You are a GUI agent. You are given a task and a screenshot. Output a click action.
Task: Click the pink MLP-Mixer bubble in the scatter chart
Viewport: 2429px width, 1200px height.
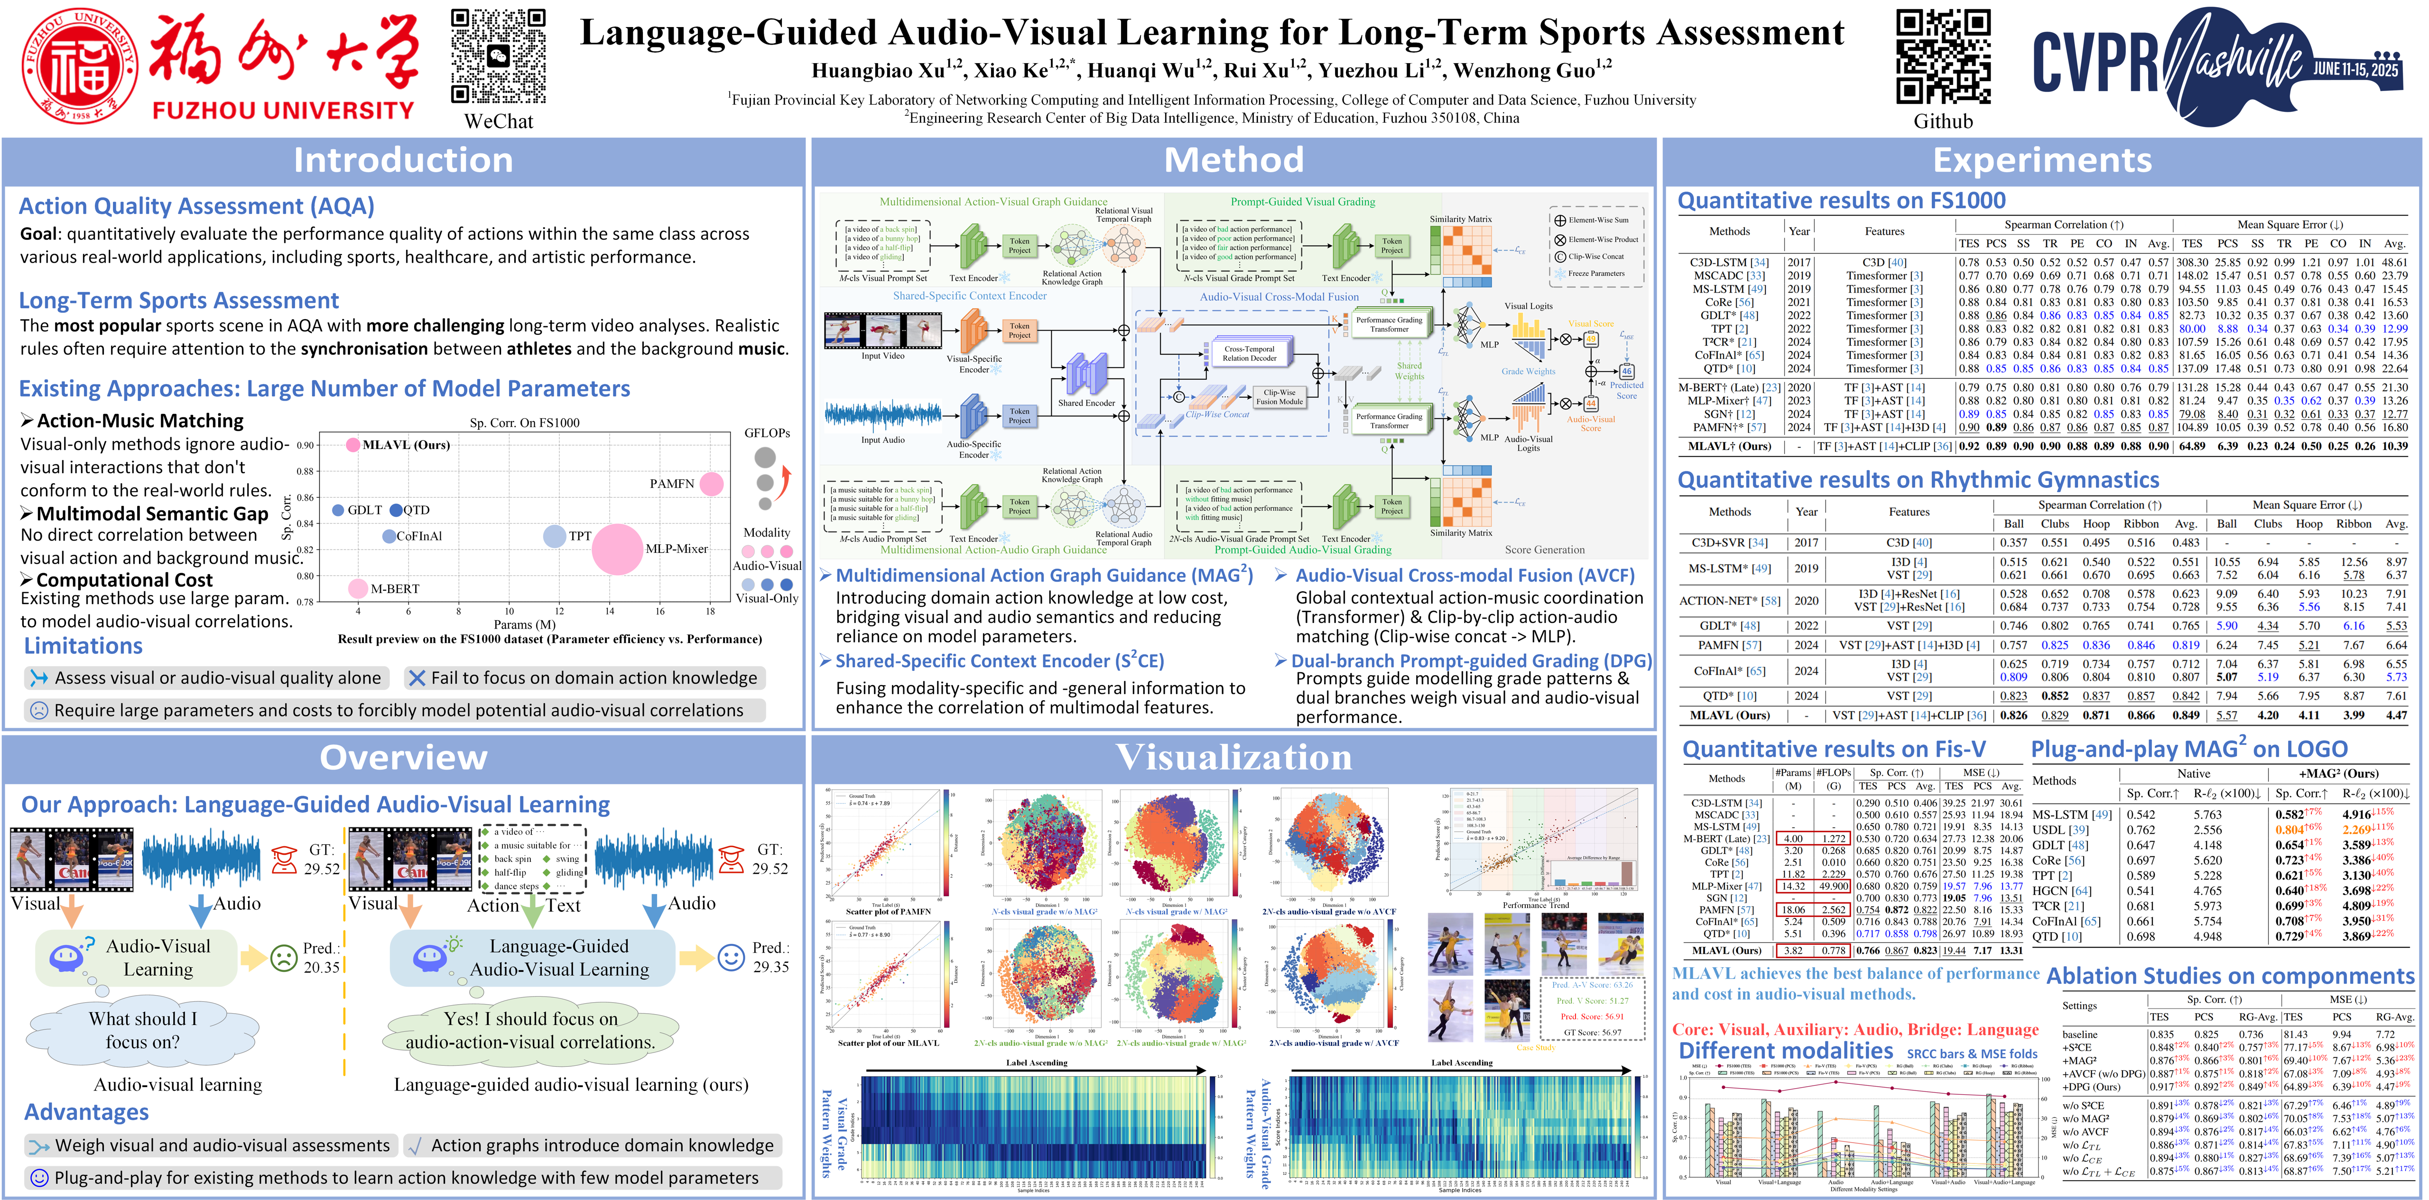(618, 549)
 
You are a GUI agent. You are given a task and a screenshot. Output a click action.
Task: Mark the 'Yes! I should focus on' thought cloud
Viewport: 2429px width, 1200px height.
(531, 1029)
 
